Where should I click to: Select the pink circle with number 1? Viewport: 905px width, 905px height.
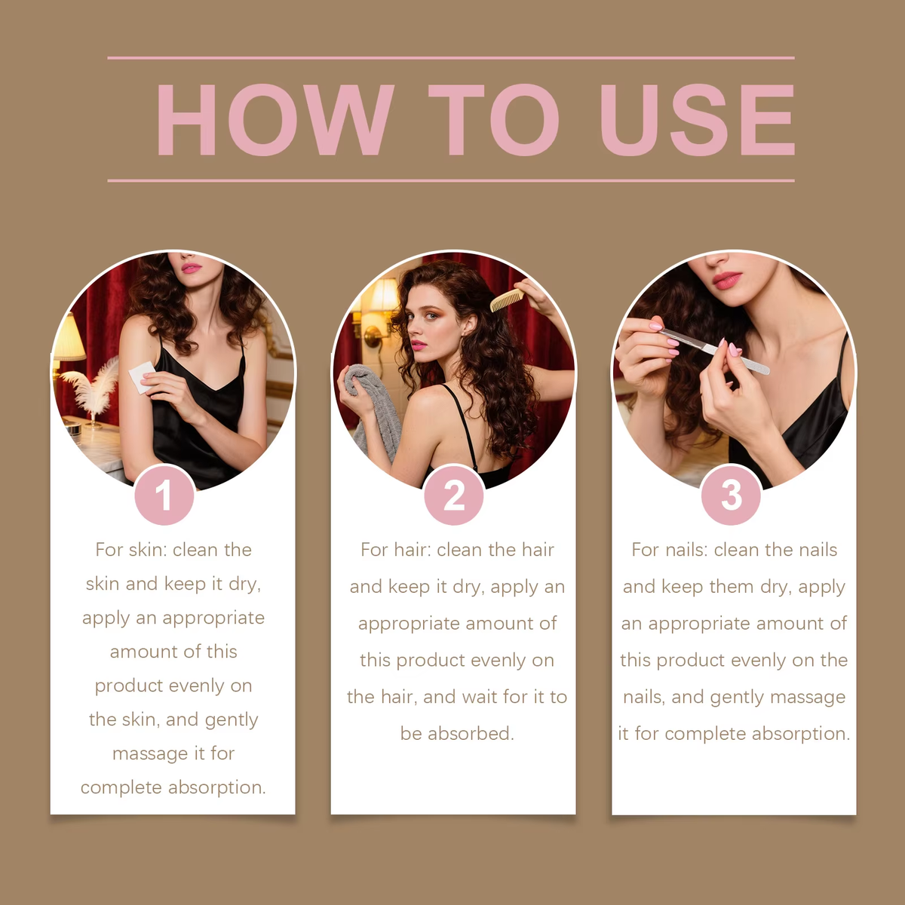click(x=164, y=495)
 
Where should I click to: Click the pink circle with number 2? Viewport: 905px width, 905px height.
click(x=453, y=495)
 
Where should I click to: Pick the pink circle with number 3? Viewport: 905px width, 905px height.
click(x=731, y=495)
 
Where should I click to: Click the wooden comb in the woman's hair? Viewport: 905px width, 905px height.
click(x=506, y=299)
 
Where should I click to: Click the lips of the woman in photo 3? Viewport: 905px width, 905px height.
click(x=726, y=281)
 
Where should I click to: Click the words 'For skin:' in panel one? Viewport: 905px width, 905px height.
click(x=130, y=550)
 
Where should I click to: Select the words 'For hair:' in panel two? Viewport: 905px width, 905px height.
click(x=395, y=550)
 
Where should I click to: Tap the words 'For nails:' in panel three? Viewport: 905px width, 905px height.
click(x=669, y=550)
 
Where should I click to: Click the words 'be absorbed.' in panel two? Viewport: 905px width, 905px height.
click(x=456, y=733)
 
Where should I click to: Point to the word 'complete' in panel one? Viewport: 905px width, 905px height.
click(x=121, y=788)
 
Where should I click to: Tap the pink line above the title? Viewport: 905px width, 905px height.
click(x=451, y=57)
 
